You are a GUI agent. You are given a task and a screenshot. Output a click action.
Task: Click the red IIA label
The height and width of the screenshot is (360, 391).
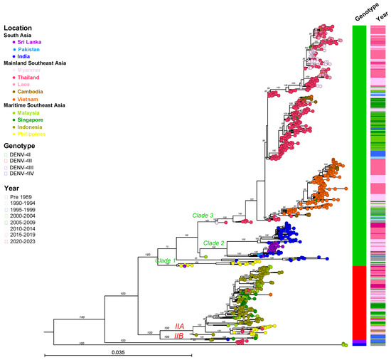[x=183, y=325]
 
